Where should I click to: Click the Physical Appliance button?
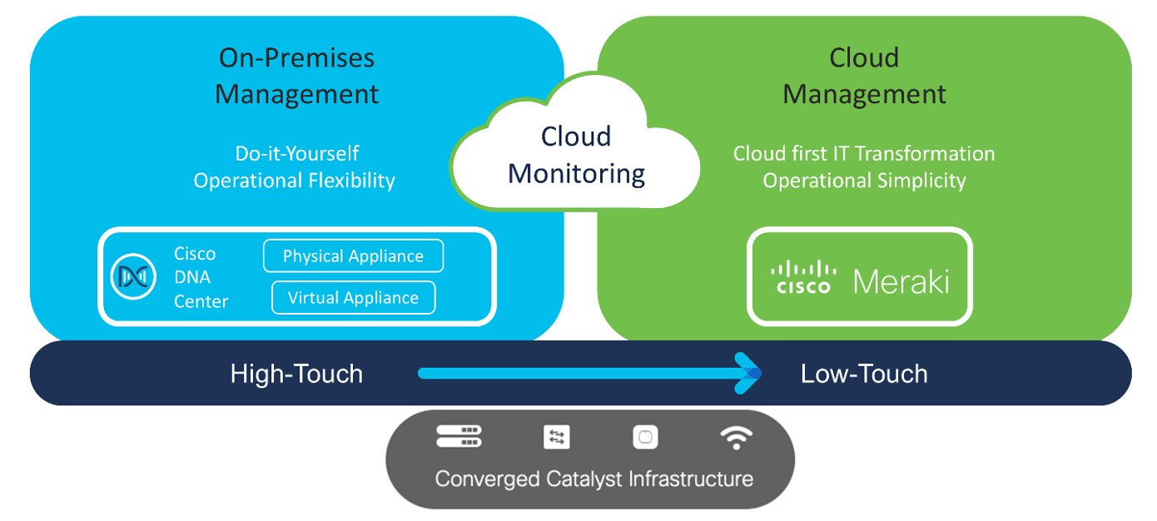coord(353,256)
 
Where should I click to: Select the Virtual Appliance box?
coord(353,298)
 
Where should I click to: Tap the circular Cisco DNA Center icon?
coord(134,277)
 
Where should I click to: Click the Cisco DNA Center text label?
coord(201,277)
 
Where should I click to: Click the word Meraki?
coord(901,281)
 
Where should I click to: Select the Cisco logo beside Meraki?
coord(803,277)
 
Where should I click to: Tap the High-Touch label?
coord(296,374)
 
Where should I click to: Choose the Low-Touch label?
coord(864,374)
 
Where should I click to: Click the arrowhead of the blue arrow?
coord(748,373)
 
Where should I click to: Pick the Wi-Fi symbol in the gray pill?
coord(736,437)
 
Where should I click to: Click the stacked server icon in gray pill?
coord(459,437)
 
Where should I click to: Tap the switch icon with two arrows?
coord(556,437)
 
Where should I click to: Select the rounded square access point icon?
coord(645,437)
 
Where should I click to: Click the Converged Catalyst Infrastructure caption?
coord(593,479)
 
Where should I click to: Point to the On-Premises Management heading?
coord(296,76)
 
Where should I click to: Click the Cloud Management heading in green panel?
coord(864,76)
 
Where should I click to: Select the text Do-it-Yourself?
coord(297,154)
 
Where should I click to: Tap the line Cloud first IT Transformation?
coord(864,154)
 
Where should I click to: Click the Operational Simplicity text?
coord(864,181)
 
